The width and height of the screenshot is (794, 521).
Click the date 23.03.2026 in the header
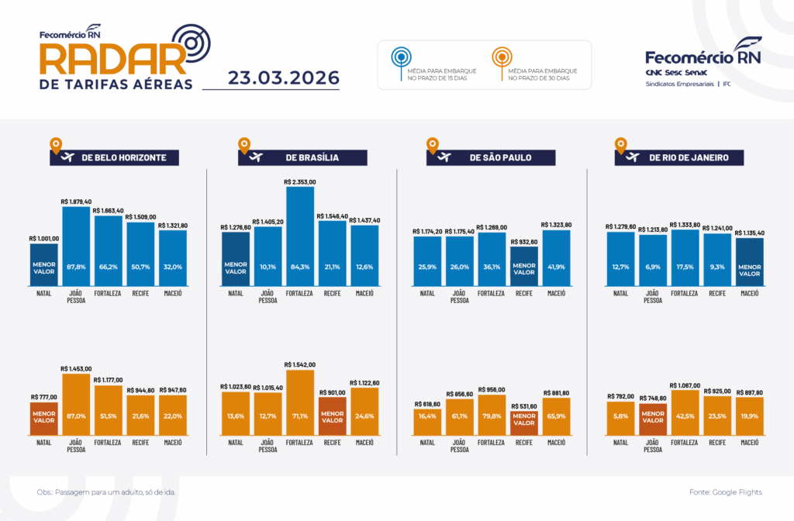(x=284, y=78)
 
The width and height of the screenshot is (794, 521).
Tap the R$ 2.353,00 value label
(x=300, y=181)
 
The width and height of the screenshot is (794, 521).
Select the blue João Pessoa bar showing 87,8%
(x=76, y=248)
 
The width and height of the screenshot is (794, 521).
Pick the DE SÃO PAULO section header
(x=500, y=157)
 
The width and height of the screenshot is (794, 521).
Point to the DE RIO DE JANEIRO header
(x=688, y=157)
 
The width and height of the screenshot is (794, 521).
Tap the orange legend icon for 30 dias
(x=501, y=57)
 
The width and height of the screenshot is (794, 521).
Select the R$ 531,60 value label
(x=524, y=405)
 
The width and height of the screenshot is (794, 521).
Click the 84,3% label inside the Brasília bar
(x=300, y=267)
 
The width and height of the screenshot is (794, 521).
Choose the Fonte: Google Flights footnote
(x=725, y=492)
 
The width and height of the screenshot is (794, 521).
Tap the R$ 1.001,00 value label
(x=44, y=239)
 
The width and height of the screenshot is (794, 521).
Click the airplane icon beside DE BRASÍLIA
(x=254, y=157)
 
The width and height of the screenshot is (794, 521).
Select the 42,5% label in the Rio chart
(x=685, y=416)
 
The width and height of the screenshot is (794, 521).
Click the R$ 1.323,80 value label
(x=557, y=225)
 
